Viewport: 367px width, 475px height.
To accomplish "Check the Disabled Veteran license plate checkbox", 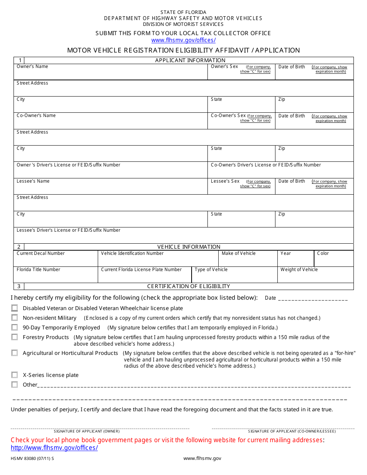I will click(x=14, y=308).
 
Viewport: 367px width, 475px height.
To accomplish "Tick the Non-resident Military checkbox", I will click(x=14, y=317).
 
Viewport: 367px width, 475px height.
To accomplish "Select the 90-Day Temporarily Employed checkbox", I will click(x=14, y=327).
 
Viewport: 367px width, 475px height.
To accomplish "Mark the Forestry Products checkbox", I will click(x=14, y=337).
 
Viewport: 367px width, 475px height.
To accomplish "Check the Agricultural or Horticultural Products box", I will click(x=14, y=353).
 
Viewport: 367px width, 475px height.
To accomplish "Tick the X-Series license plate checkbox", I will click(x=14, y=375).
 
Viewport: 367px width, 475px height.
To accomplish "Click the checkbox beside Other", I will click(x=14, y=384).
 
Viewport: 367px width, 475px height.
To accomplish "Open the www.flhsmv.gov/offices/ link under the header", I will click(x=183, y=40).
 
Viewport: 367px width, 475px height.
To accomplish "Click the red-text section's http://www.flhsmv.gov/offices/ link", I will click(x=54, y=448).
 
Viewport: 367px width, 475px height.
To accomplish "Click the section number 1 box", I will click(x=19, y=60).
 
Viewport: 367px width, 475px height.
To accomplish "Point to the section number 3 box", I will click(x=19, y=286).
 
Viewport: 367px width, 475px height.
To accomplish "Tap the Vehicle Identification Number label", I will click(x=132, y=253).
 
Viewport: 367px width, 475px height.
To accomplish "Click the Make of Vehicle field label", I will click(x=238, y=253).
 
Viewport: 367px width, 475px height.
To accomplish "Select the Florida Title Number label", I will click(x=38, y=270).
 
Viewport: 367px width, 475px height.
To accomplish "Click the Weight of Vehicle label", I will click(x=299, y=270).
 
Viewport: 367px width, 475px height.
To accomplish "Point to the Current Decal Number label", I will click(x=41, y=253).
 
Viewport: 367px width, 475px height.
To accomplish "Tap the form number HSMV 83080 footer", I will click(x=32, y=458).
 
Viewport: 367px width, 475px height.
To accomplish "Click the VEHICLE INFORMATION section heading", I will click(x=189, y=247).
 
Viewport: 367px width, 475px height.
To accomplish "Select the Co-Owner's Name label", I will click(x=36, y=115).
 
